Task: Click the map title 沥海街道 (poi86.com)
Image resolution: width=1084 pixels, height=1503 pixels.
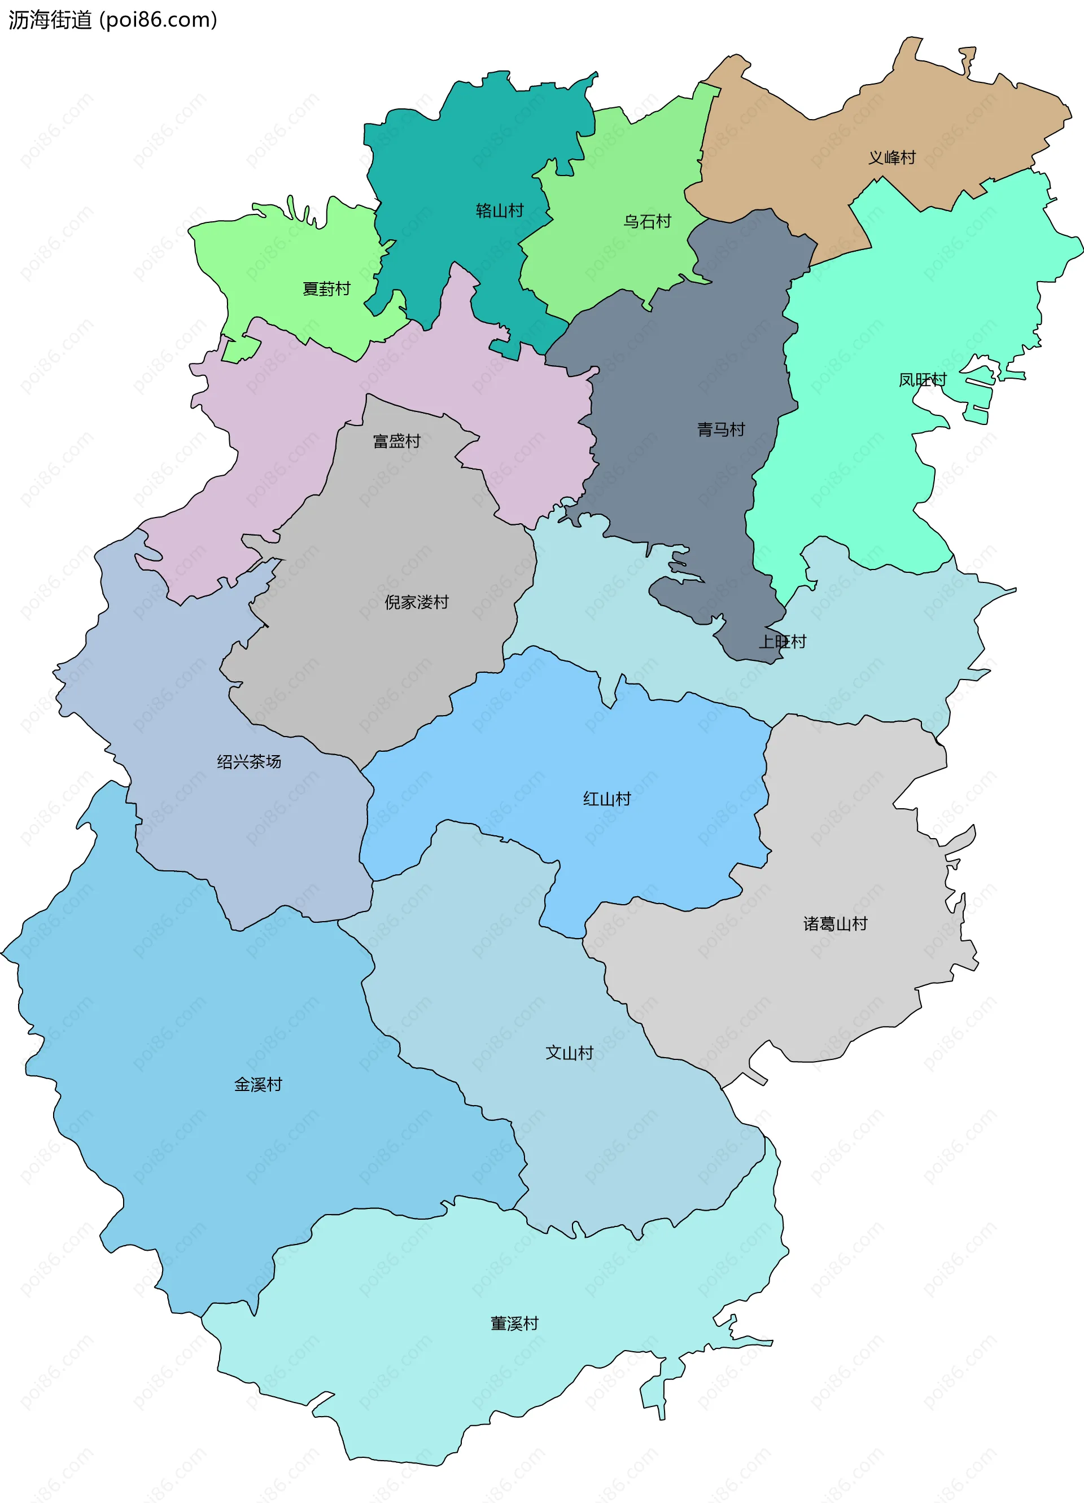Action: click(x=113, y=20)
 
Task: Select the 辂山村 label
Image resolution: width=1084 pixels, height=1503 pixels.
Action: click(x=500, y=211)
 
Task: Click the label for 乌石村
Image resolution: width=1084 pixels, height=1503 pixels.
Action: click(x=647, y=221)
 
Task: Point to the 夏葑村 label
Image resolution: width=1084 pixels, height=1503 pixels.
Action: click(x=326, y=289)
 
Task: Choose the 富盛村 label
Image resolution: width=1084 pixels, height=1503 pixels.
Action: click(x=396, y=441)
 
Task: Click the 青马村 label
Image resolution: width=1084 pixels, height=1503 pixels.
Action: click(x=720, y=430)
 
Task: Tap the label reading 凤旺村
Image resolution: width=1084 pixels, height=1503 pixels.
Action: click(x=922, y=380)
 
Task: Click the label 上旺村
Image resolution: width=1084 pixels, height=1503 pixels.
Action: click(x=783, y=642)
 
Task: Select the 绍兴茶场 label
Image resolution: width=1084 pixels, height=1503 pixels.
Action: click(x=250, y=761)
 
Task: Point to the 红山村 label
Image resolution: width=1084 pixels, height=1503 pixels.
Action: click(x=606, y=799)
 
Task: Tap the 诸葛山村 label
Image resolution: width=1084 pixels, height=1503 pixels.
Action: click(x=836, y=924)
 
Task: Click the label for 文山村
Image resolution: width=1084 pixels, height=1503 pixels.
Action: click(x=569, y=1053)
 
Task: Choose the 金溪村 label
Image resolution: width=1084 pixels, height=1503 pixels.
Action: click(x=258, y=1085)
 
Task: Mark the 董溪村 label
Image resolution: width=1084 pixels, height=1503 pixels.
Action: click(x=514, y=1324)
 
